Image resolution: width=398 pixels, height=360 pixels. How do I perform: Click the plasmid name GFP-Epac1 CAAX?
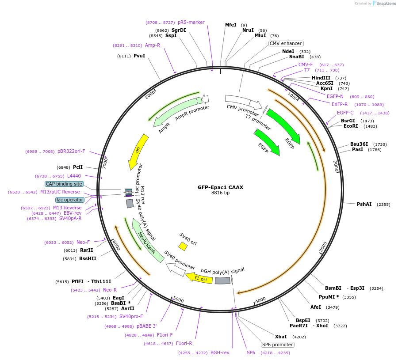tap(220, 187)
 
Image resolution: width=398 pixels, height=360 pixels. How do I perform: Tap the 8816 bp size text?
tap(220, 193)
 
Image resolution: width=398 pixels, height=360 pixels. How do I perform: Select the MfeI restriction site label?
tap(231, 25)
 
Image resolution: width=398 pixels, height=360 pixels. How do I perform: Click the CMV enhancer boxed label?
tap(286, 43)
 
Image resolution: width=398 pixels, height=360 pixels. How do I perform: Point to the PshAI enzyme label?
tap(364, 204)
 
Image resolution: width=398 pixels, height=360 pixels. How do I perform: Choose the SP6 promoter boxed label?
tap(278, 345)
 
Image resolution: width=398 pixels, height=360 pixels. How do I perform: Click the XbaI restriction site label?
tap(281, 337)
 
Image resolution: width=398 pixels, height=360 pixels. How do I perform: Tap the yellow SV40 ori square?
tap(183, 246)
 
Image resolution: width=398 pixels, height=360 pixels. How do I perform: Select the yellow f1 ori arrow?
tap(199, 278)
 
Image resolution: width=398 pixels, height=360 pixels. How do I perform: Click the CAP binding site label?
tap(64, 184)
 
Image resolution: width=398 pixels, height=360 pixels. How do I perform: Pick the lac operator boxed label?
tap(70, 200)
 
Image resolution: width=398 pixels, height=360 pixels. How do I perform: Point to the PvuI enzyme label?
tap(139, 56)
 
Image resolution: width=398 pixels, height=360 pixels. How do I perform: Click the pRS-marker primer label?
tap(191, 22)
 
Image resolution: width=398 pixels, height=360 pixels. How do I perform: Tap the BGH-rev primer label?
tap(220, 352)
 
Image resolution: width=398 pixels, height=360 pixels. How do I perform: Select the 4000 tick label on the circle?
tap(260, 300)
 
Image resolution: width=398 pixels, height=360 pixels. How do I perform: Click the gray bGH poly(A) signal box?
tap(222, 280)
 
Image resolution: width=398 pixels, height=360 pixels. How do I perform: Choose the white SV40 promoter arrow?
tap(176, 269)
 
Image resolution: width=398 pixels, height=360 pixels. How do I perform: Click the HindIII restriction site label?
tap(321, 78)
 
